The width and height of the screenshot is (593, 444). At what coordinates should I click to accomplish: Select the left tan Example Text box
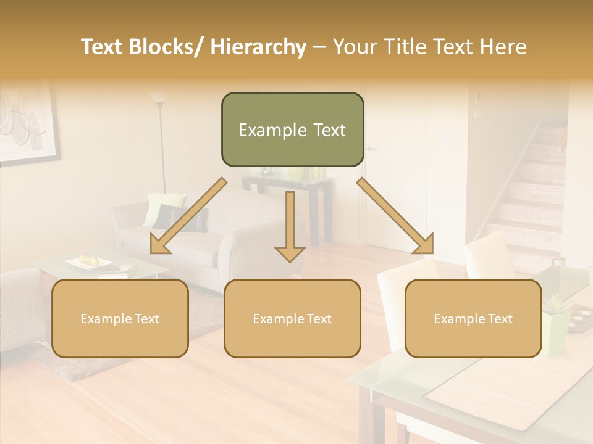pos(120,318)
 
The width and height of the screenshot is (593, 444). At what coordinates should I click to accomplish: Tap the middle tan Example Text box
pos(292,318)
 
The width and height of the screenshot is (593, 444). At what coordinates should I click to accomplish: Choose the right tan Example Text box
pos(473,318)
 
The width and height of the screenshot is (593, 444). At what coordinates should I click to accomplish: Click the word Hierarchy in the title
pos(258,47)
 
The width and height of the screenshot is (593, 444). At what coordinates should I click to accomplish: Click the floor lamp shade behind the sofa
pos(159,97)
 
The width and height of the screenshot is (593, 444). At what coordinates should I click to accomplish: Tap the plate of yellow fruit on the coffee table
pos(89,262)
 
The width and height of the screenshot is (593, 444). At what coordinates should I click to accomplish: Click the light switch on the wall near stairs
pos(447,136)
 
